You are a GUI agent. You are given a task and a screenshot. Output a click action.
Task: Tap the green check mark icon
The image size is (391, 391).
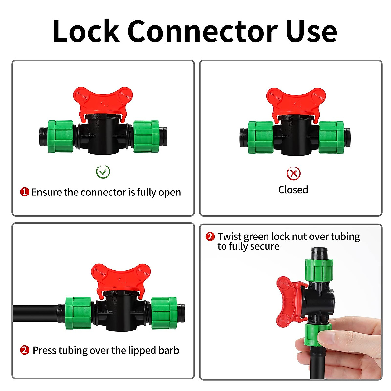pos(103,172)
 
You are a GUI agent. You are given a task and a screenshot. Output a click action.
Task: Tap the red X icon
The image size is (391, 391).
pos(294,173)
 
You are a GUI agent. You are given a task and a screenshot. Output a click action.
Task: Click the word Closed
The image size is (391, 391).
pos(293,190)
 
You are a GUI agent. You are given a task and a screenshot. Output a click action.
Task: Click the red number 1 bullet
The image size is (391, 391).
pos(25,192)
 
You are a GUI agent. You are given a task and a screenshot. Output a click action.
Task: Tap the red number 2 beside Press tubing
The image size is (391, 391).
pos(25,350)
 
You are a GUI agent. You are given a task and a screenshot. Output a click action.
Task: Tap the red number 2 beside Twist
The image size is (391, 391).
pos(210,237)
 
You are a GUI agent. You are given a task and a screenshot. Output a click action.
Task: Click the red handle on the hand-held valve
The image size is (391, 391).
pos(288,301)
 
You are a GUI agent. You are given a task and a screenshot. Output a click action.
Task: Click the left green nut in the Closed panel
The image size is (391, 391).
pos(261,137)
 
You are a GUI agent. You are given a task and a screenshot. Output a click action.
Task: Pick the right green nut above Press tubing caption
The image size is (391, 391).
pos(164,313)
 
